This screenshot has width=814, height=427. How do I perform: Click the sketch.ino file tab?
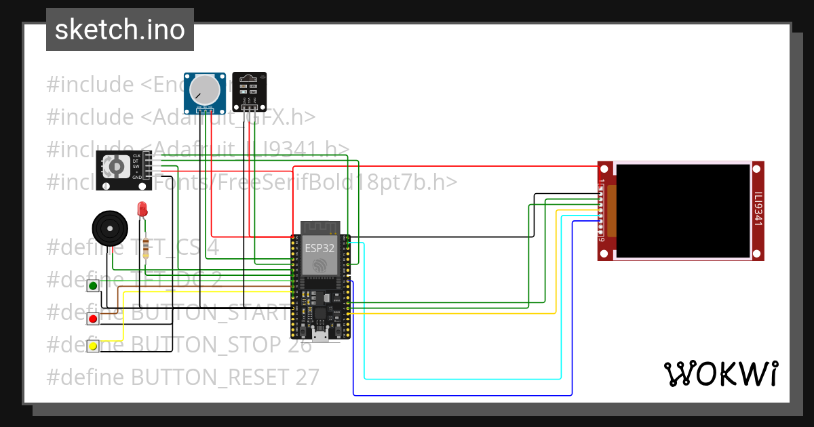coord(119,30)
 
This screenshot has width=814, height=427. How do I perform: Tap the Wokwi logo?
coord(720,373)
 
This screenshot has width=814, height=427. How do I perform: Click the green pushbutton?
coord(93,285)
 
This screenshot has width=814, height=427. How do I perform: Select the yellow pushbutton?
coord(93,346)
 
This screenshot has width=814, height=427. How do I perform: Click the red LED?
coord(142,209)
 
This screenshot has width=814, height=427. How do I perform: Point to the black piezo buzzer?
coord(109,228)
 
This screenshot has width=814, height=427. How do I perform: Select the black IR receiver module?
coord(249,90)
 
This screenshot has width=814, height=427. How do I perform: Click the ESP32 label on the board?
coord(319,248)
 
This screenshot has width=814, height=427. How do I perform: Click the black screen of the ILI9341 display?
coord(682,211)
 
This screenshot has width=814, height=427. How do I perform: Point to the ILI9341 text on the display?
coord(758,211)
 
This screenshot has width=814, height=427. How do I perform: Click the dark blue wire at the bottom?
coord(461,394)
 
